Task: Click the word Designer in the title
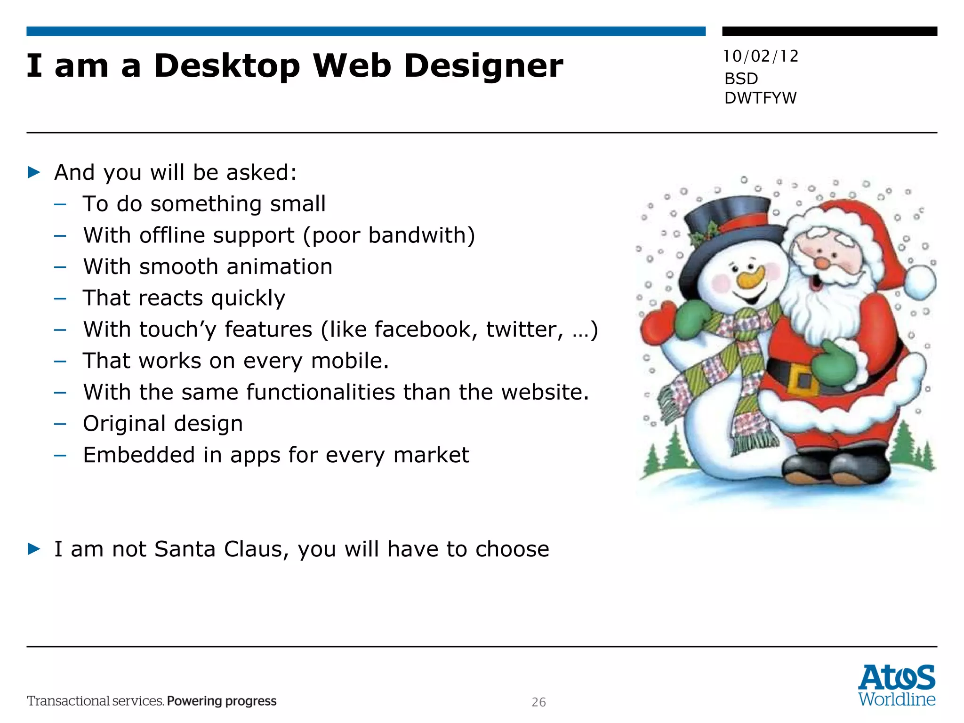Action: click(x=483, y=66)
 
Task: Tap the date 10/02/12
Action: click(x=761, y=56)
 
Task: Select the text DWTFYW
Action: click(x=760, y=98)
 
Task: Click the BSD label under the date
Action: click(x=741, y=79)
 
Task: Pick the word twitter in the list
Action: click(x=524, y=329)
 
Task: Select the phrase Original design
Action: click(x=163, y=424)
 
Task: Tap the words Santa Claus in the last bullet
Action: click(x=221, y=549)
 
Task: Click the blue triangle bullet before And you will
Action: click(x=34, y=172)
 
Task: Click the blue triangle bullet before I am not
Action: click(x=34, y=549)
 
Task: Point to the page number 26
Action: click(x=538, y=702)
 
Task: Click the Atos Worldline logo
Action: click(x=896, y=685)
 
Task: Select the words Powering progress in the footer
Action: click(x=222, y=701)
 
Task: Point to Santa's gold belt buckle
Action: click(x=803, y=379)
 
